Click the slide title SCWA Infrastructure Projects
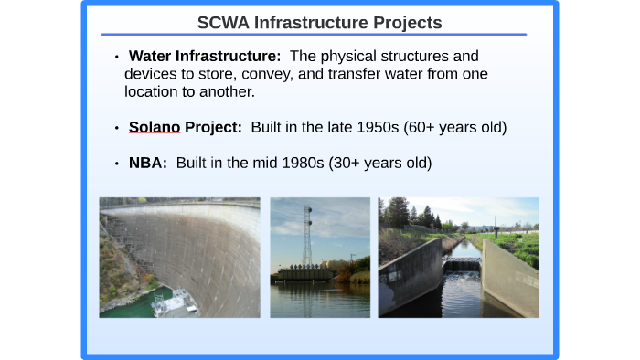click(x=319, y=22)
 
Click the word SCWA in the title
click(x=223, y=22)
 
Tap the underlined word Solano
click(x=155, y=128)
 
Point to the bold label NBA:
click(x=147, y=164)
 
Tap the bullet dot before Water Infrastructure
click(x=117, y=58)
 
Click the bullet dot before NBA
click(x=117, y=164)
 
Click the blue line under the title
click(x=319, y=35)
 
